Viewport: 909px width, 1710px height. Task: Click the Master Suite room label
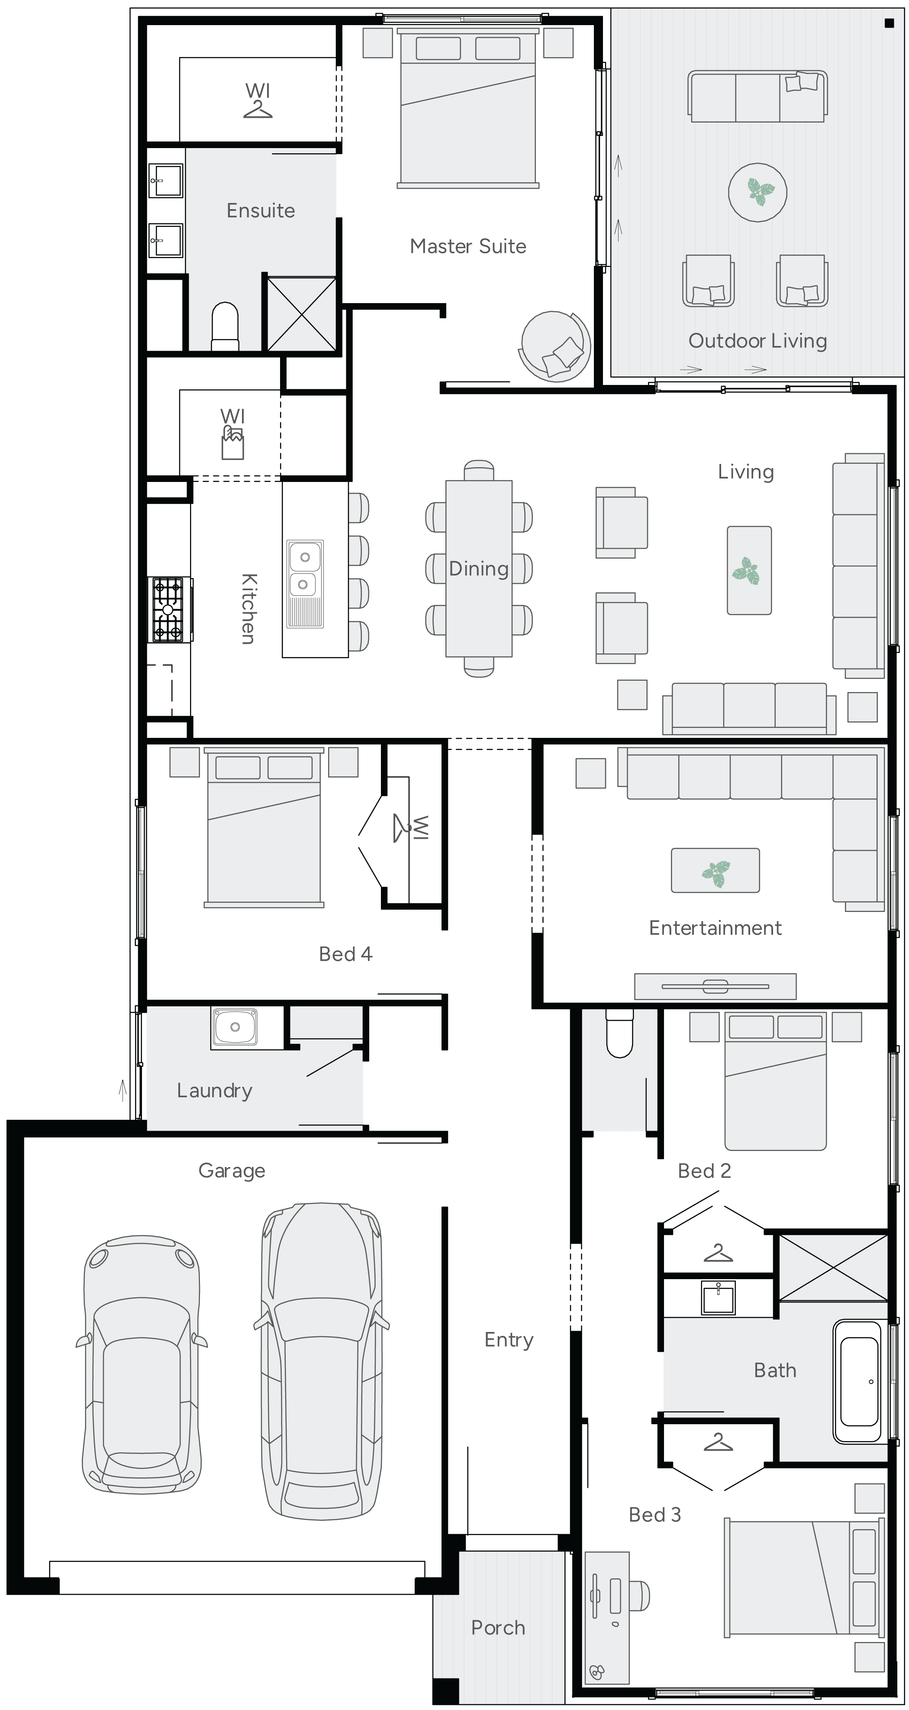tap(468, 246)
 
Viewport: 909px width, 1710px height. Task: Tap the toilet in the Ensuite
tap(225, 326)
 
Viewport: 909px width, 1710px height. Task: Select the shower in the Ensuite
tap(301, 314)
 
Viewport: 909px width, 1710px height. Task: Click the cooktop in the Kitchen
tap(168, 609)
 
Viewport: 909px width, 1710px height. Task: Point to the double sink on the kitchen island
tap(305, 572)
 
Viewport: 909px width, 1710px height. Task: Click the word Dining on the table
tap(478, 569)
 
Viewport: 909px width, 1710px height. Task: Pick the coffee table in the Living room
tap(749, 571)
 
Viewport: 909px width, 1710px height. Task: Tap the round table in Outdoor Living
tap(757, 193)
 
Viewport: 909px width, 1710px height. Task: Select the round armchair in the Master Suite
tap(554, 346)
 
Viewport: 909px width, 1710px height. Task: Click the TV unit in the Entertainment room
tap(715, 986)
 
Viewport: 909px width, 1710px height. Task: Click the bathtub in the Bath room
tap(859, 1381)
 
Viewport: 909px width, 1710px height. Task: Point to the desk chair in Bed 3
tap(640, 1596)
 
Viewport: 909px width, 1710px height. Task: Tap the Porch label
tap(498, 1628)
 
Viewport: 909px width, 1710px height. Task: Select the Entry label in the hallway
tap(508, 1340)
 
